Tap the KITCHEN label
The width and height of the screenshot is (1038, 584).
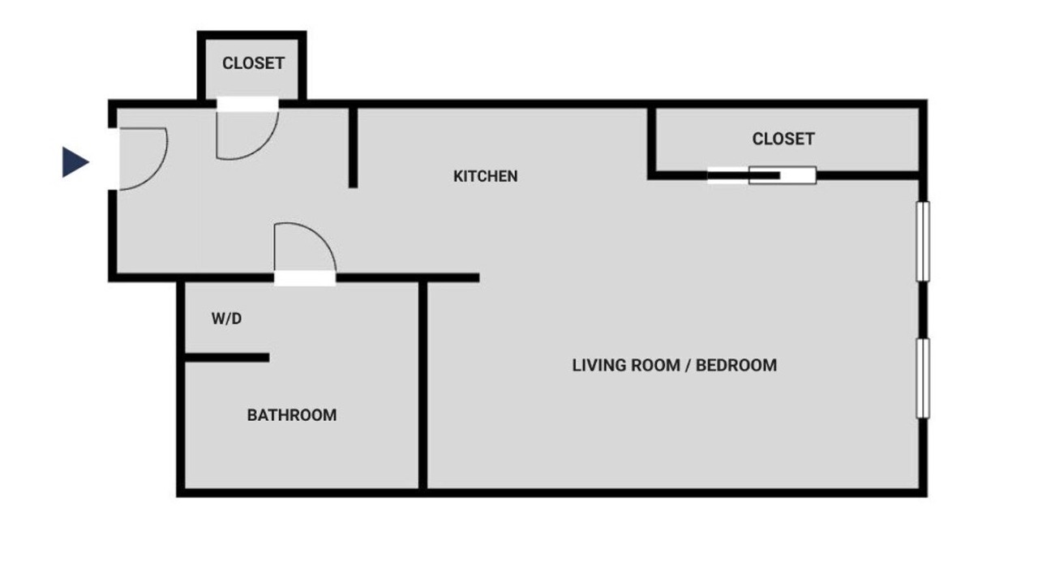click(x=485, y=176)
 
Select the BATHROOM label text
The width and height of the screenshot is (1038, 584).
click(x=292, y=414)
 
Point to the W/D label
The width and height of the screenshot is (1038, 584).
click(x=226, y=319)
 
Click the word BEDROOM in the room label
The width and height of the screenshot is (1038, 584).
click(x=736, y=365)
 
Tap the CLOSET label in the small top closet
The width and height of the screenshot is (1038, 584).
click(x=253, y=63)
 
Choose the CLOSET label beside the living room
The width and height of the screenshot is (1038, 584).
click(x=783, y=139)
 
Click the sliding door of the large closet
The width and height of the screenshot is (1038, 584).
click(x=761, y=175)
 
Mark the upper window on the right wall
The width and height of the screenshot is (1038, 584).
click(x=923, y=241)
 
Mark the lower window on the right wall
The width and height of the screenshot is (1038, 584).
click(x=923, y=378)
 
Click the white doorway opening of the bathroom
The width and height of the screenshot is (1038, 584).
click(x=305, y=278)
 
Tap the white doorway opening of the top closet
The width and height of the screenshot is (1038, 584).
click(x=247, y=104)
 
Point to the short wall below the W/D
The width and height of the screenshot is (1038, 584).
click(x=227, y=358)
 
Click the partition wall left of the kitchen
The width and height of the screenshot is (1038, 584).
click(x=353, y=148)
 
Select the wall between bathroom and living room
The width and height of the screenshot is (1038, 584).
click(x=422, y=384)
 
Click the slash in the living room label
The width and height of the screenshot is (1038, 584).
click(x=688, y=366)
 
